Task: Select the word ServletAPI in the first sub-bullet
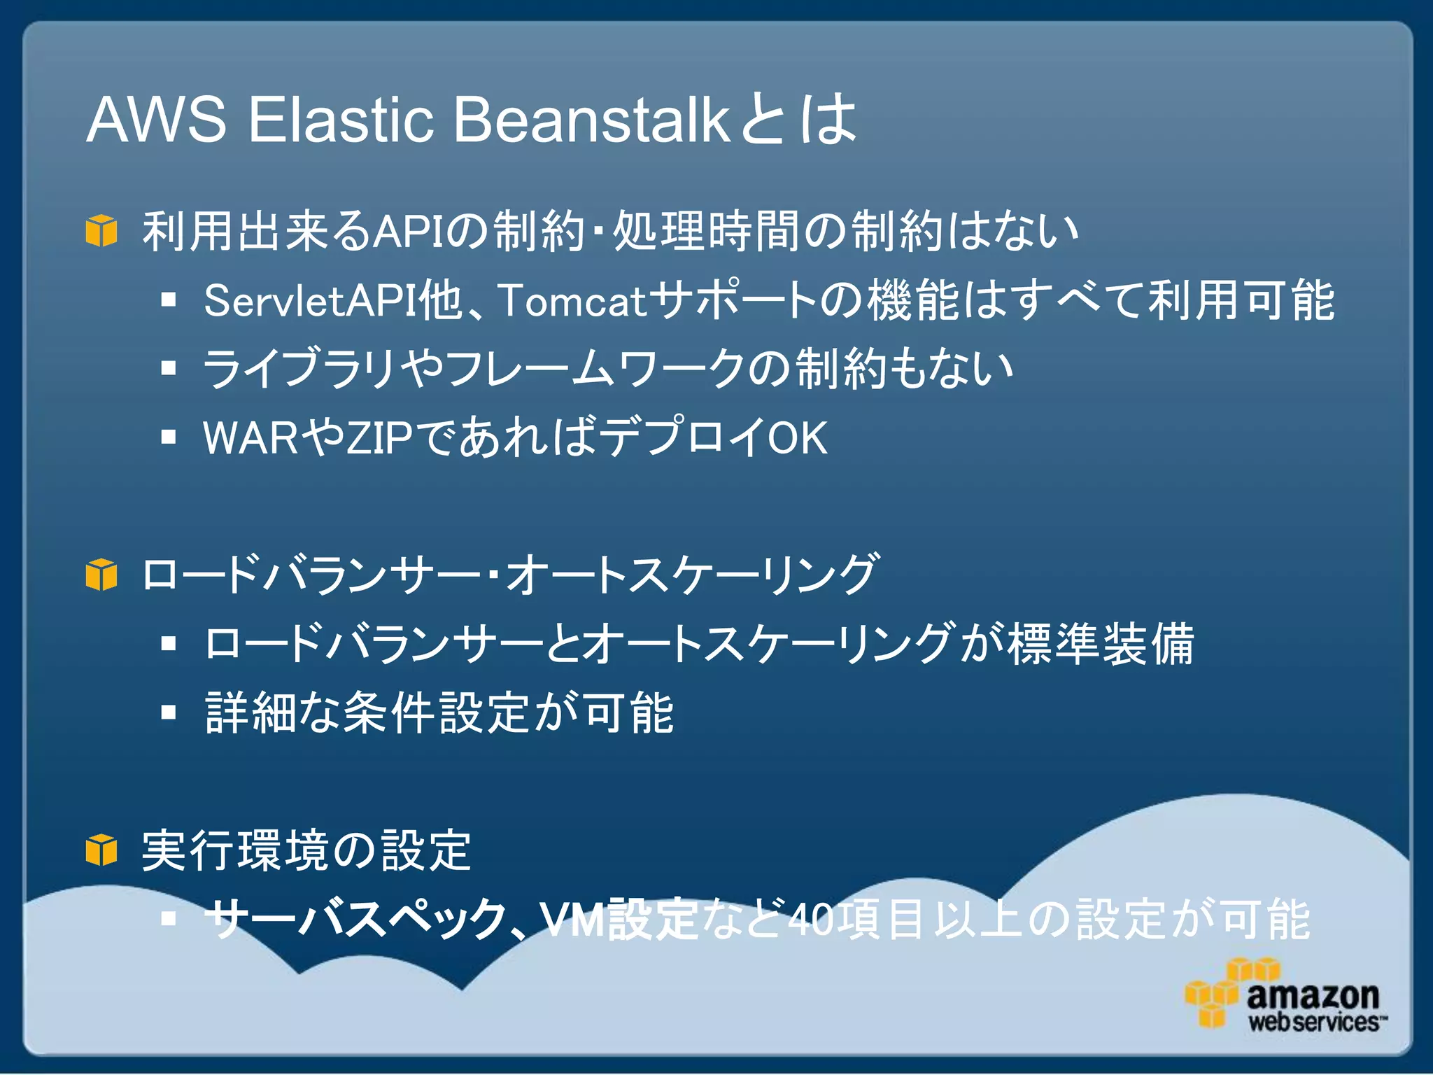click(x=310, y=300)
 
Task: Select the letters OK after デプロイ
click(x=798, y=438)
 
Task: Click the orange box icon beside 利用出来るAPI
click(x=101, y=230)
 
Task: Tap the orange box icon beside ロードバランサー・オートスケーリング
click(x=101, y=575)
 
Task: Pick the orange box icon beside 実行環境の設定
click(x=101, y=850)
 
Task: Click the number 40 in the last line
click(x=811, y=920)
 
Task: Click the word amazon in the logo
click(x=1313, y=995)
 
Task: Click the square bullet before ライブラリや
click(x=168, y=368)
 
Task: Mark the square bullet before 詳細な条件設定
click(x=168, y=712)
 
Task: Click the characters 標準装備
click(x=1100, y=644)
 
